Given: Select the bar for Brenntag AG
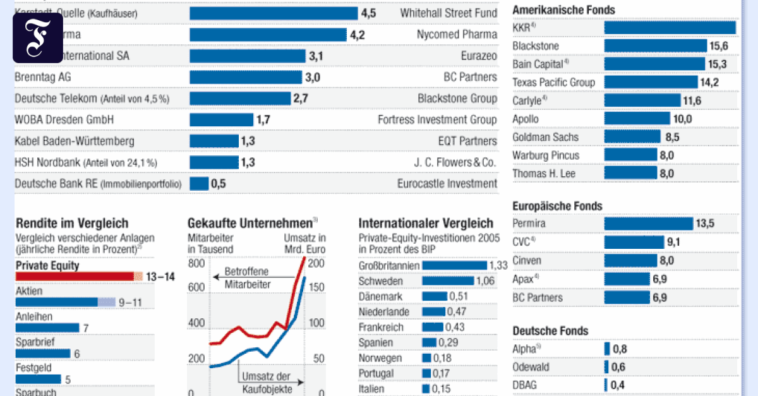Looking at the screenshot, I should click(245, 78).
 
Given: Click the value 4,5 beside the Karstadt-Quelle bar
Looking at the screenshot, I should click(368, 13).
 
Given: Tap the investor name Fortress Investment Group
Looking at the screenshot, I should click(437, 119).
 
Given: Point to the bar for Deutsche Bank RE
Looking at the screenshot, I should click(199, 184).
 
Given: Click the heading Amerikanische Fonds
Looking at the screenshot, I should click(555, 10).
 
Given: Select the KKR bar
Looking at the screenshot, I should click(670, 28).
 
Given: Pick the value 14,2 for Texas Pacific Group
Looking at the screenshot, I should click(709, 82).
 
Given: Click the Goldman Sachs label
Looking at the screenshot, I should click(545, 137).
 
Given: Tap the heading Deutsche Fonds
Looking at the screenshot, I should click(550, 331).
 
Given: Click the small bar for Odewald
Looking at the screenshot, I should click(607, 367).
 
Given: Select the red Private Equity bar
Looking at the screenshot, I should click(75, 277).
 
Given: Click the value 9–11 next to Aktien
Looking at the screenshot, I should click(131, 303).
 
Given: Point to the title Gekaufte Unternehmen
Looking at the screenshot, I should click(250, 223).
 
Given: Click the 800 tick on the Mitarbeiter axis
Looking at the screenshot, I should click(196, 263).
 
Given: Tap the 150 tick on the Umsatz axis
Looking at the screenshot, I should click(316, 287).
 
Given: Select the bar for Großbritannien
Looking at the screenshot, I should click(455, 266).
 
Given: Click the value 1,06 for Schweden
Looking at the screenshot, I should click(467, 281).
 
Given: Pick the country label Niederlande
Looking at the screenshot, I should click(384, 312).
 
